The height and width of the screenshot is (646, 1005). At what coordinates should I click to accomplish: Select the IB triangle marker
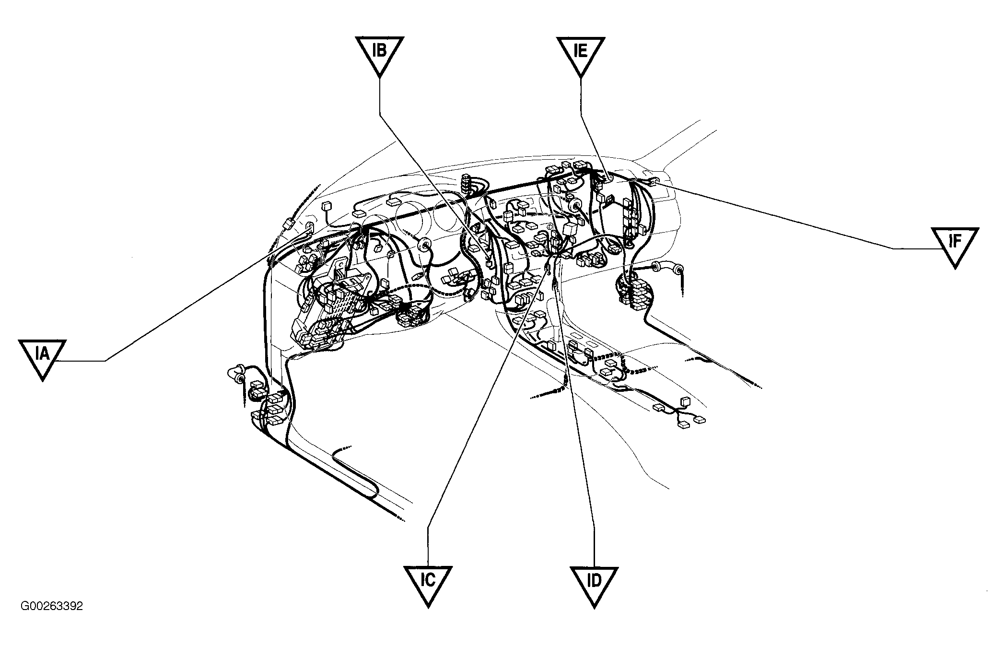tap(379, 54)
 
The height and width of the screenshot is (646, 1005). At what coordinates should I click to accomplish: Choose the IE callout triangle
tap(581, 54)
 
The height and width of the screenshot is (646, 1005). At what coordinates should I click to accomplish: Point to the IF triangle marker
tap(955, 245)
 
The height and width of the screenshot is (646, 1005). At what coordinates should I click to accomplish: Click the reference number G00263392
tap(52, 606)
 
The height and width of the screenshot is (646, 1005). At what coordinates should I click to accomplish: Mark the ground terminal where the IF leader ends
tap(654, 180)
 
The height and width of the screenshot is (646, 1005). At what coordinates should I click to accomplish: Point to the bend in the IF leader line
tap(893, 248)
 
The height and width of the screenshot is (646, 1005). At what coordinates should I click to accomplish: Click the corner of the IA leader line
tap(105, 361)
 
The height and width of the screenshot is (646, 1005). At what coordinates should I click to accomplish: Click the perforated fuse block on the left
tap(336, 302)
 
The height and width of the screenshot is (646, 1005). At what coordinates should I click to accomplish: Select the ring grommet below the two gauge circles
tap(424, 246)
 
